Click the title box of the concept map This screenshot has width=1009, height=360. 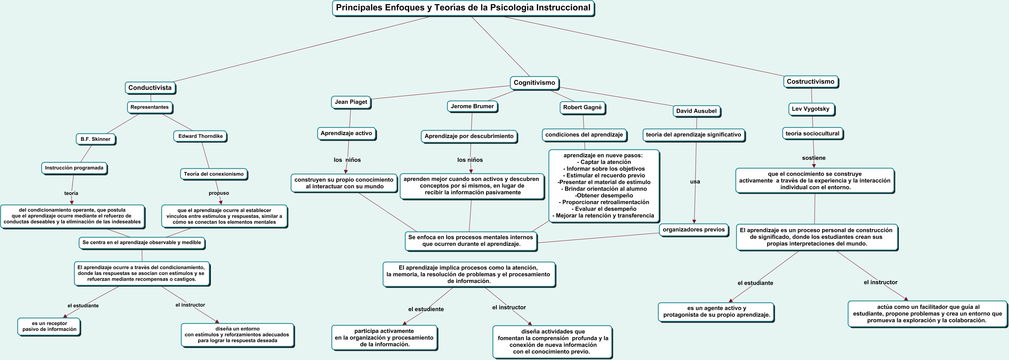[x=463, y=8]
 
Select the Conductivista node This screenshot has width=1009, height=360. [x=150, y=88]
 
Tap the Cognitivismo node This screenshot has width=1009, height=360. [x=534, y=83]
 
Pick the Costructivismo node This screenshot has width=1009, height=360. [x=810, y=81]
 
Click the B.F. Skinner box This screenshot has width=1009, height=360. [x=96, y=139]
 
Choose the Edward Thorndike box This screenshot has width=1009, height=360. [x=200, y=136]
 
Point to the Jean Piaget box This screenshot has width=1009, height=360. [x=351, y=102]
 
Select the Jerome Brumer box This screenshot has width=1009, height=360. [x=472, y=106]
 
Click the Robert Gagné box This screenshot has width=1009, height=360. [x=582, y=107]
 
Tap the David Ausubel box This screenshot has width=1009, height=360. [x=696, y=111]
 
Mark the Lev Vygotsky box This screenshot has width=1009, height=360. [x=810, y=109]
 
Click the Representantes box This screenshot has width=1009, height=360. [x=150, y=107]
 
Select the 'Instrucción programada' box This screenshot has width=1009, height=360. [x=74, y=168]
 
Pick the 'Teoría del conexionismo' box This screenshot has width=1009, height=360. [x=213, y=174]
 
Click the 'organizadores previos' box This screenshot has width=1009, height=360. [x=693, y=229]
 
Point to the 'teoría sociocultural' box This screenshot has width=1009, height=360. [x=812, y=133]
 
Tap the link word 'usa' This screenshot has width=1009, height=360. [x=695, y=182]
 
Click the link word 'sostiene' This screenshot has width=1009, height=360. [x=813, y=158]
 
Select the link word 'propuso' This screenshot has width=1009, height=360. [x=219, y=193]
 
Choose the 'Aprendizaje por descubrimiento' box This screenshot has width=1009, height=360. [x=469, y=136]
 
